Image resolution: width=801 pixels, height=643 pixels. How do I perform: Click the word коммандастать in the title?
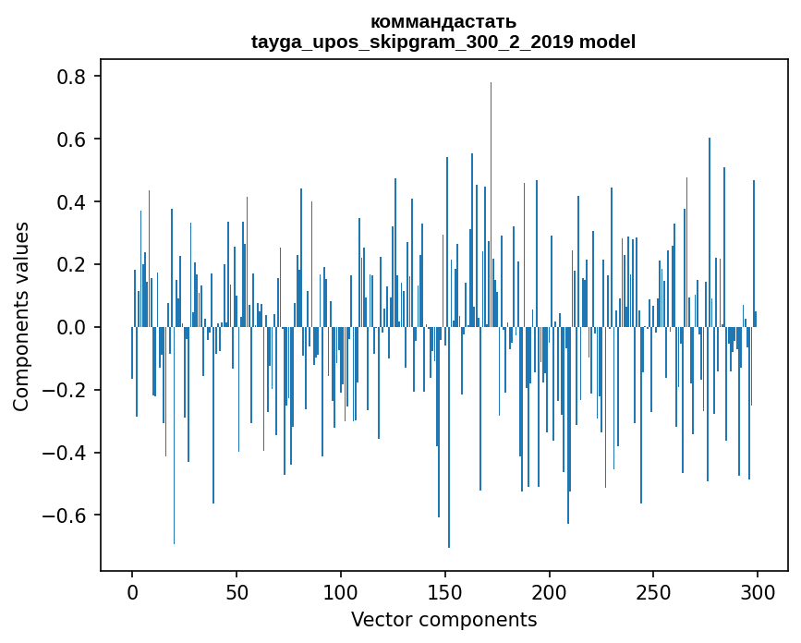pos(443,21)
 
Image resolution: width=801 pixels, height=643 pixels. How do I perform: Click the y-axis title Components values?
pos(21,316)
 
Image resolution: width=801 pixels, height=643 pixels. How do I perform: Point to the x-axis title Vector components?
pos(443,619)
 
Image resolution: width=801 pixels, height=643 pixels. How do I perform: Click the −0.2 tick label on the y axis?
pos(67,390)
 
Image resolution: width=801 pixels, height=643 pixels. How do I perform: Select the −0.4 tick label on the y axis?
pos(67,453)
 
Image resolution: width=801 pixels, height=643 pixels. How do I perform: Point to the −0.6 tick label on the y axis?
pos(67,515)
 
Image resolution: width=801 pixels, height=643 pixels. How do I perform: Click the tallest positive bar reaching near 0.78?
pos(491,203)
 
